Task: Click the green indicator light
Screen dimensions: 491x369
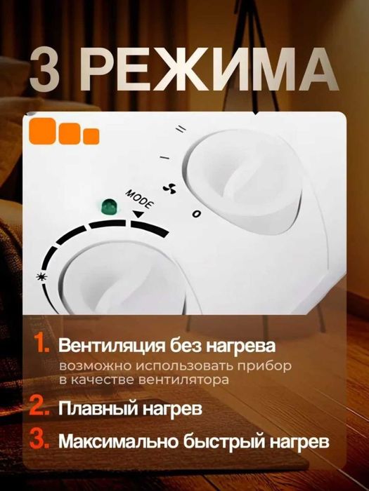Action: click(109, 206)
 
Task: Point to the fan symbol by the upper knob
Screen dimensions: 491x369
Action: click(168, 189)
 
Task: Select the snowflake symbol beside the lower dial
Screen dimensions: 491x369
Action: click(39, 276)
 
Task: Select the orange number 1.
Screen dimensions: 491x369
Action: click(41, 347)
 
